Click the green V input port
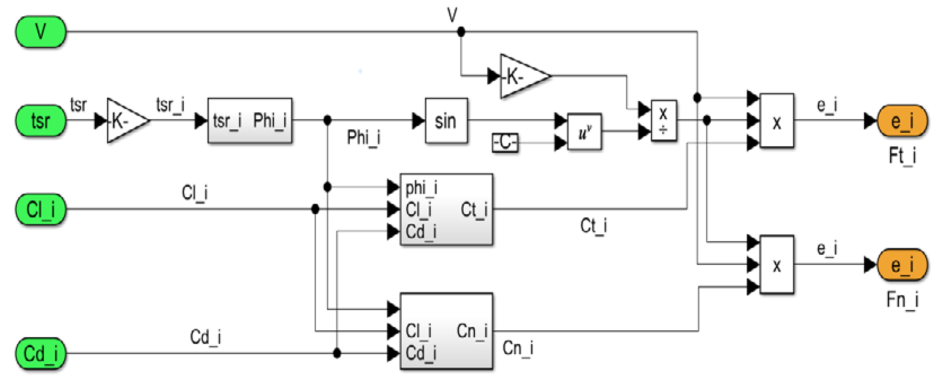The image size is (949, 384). (x=41, y=32)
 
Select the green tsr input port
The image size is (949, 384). (x=41, y=121)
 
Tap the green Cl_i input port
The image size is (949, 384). (x=41, y=209)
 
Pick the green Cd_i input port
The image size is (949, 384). (x=41, y=353)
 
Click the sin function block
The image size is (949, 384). (x=446, y=121)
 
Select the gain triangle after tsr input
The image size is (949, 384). (x=125, y=121)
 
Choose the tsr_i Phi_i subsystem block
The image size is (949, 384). (x=250, y=121)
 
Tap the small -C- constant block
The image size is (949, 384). (x=505, y=142)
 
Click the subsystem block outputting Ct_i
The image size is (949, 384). (x=446, y=209)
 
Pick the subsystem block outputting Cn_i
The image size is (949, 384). (x=446, y=331)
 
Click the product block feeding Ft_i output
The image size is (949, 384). (x=777, y=121)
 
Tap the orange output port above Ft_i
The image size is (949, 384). (x=902, y=121)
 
